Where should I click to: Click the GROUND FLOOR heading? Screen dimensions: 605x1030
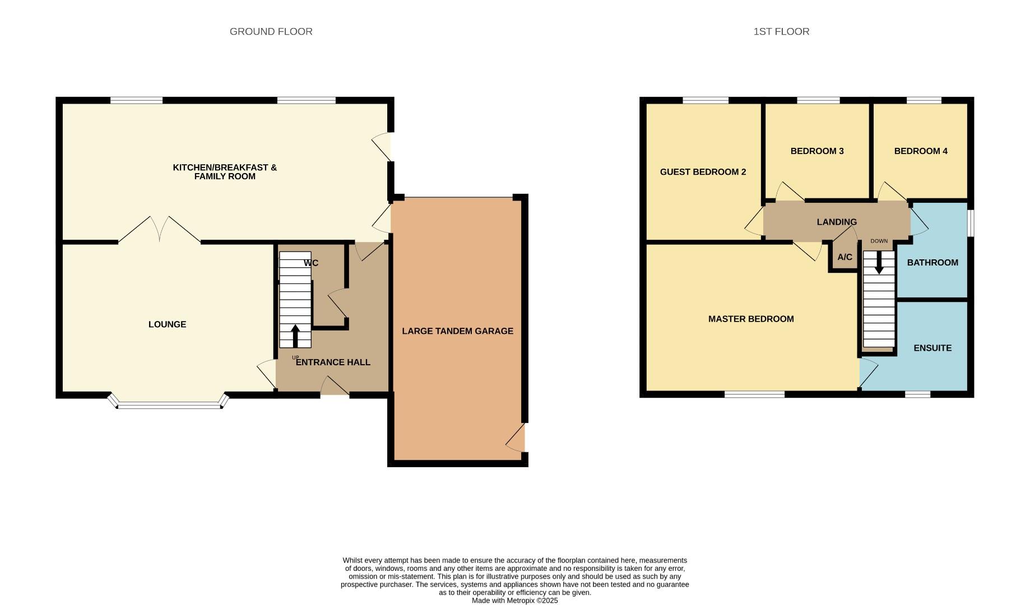(271, 32)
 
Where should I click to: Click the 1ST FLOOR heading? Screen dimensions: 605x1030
(781, 32)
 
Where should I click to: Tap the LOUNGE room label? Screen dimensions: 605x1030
(167, 324)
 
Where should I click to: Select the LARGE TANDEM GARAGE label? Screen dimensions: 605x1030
(457, 331)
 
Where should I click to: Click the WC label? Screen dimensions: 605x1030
(311, 263)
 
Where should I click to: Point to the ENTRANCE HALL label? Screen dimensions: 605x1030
(333, 362)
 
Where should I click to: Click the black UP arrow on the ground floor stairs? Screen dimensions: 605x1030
(295, 336)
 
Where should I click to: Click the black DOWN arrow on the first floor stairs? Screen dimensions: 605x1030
(879, 262)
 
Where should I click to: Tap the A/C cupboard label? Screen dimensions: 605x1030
(845, 257)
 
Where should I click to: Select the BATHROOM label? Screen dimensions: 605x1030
(932, 263)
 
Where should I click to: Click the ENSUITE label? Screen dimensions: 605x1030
(932, 348)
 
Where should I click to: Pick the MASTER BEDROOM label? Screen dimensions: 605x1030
(751, 319)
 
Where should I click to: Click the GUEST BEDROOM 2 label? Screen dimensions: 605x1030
(703, 172)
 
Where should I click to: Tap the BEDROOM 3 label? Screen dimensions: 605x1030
(816, 151)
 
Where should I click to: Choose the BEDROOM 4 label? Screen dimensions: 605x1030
(921, 151)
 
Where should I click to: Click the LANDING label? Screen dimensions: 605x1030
(837, 222)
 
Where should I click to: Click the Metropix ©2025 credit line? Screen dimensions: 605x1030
(514, 601)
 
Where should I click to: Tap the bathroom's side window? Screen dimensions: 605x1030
(971, 223)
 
